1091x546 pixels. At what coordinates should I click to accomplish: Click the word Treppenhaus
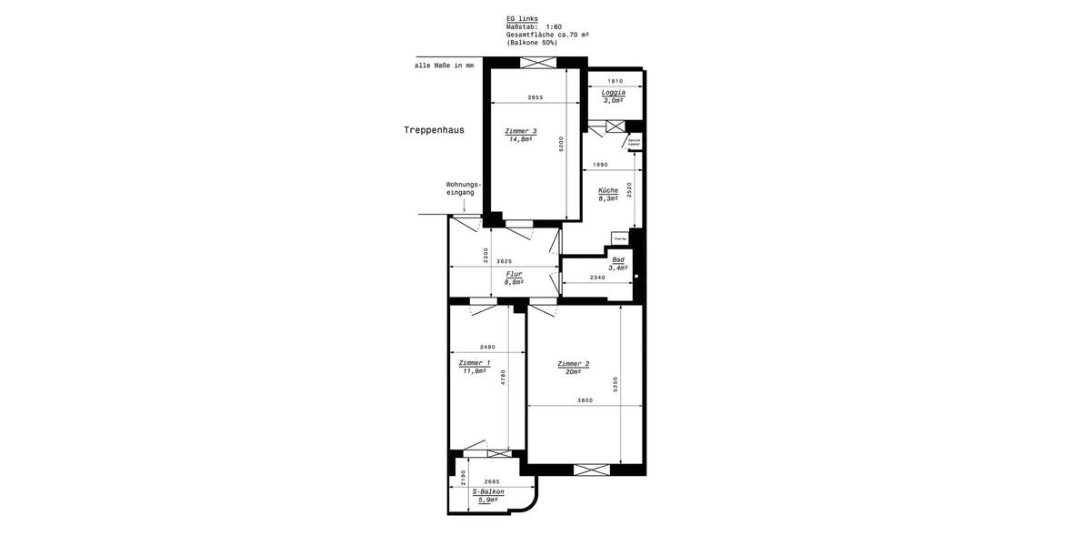[434, 130]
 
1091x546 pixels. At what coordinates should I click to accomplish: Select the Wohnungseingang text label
[463, 188]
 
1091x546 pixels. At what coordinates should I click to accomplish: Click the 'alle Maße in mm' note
[444, 66]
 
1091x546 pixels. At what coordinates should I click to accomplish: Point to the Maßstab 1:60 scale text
[534, 26]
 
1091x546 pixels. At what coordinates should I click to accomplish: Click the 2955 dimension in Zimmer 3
[535, 97]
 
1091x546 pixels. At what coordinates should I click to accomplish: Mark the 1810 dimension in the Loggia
[615, 81]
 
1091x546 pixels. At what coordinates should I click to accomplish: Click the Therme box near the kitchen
[620, 238]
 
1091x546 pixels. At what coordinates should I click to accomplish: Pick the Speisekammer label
[634, 142]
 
